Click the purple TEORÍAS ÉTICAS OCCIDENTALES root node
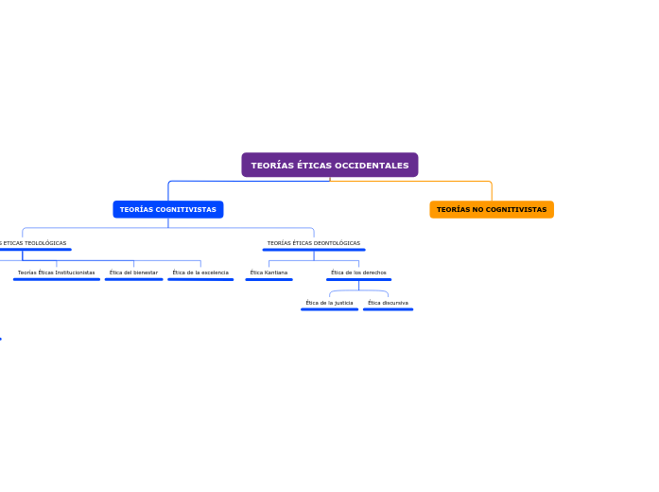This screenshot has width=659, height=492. coord(329,165)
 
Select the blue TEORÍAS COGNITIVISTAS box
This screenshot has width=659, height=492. coord(167,209)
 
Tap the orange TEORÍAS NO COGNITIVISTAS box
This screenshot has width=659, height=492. coord(491,209)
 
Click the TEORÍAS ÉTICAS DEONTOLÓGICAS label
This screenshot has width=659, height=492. coord(313,243)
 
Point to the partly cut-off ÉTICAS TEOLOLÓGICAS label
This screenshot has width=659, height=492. coord(34,243)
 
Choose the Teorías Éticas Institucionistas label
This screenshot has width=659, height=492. coord(56,272)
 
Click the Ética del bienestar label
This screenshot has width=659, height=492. coord(133,272)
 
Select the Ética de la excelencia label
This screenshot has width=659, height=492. coord(200,272)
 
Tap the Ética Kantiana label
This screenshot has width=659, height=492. coord(269,272)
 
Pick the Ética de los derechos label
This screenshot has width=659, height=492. coord(358,272)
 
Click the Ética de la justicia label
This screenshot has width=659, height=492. coord(329,303)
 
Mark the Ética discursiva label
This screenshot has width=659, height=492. coord(388,303)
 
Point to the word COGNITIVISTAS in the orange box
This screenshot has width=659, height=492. coord(513,209)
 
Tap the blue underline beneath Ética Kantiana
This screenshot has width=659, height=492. coord(269,279)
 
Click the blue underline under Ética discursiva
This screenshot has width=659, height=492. coord(388,309)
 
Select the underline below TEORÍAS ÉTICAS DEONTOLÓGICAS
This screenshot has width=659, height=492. coord(313,250)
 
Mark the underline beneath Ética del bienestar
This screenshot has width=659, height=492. coord(133,279)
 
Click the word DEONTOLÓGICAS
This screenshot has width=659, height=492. coord(337,243)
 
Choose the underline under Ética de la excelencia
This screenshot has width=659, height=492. coord(200,279)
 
